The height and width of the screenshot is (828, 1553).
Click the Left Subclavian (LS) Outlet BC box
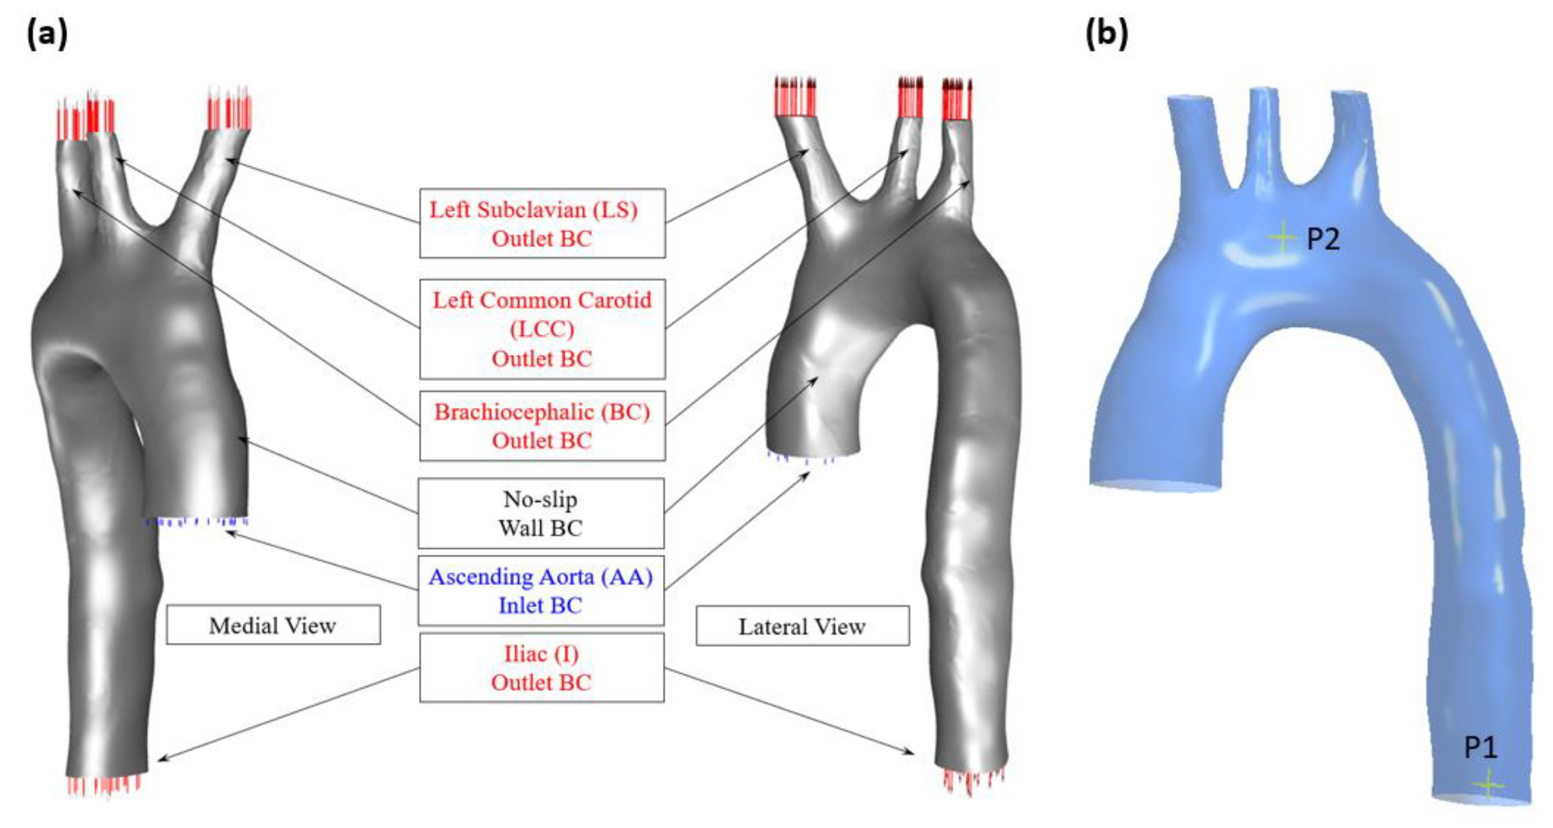542,224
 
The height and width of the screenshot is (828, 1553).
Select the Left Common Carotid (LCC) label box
542,329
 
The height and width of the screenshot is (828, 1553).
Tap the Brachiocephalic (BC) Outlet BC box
542,426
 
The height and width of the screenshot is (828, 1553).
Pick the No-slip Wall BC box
541,514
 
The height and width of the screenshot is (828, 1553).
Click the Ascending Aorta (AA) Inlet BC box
541,590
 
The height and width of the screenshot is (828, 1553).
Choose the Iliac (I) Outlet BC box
541,668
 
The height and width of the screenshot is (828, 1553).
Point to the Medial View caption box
273,625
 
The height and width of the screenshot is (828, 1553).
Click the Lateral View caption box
802,626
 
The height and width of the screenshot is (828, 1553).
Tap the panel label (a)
47,35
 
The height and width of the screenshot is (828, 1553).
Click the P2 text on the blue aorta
1323,239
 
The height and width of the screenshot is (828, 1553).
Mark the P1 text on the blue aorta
1481,748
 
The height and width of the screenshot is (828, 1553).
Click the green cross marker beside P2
1282,238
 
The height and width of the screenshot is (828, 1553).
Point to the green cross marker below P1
1487,785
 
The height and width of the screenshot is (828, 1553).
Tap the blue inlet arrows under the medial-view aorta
197,522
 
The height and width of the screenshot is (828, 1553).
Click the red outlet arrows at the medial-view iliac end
104,785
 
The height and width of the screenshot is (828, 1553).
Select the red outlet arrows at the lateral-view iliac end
972,780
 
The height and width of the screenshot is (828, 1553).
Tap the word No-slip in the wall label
540,499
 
